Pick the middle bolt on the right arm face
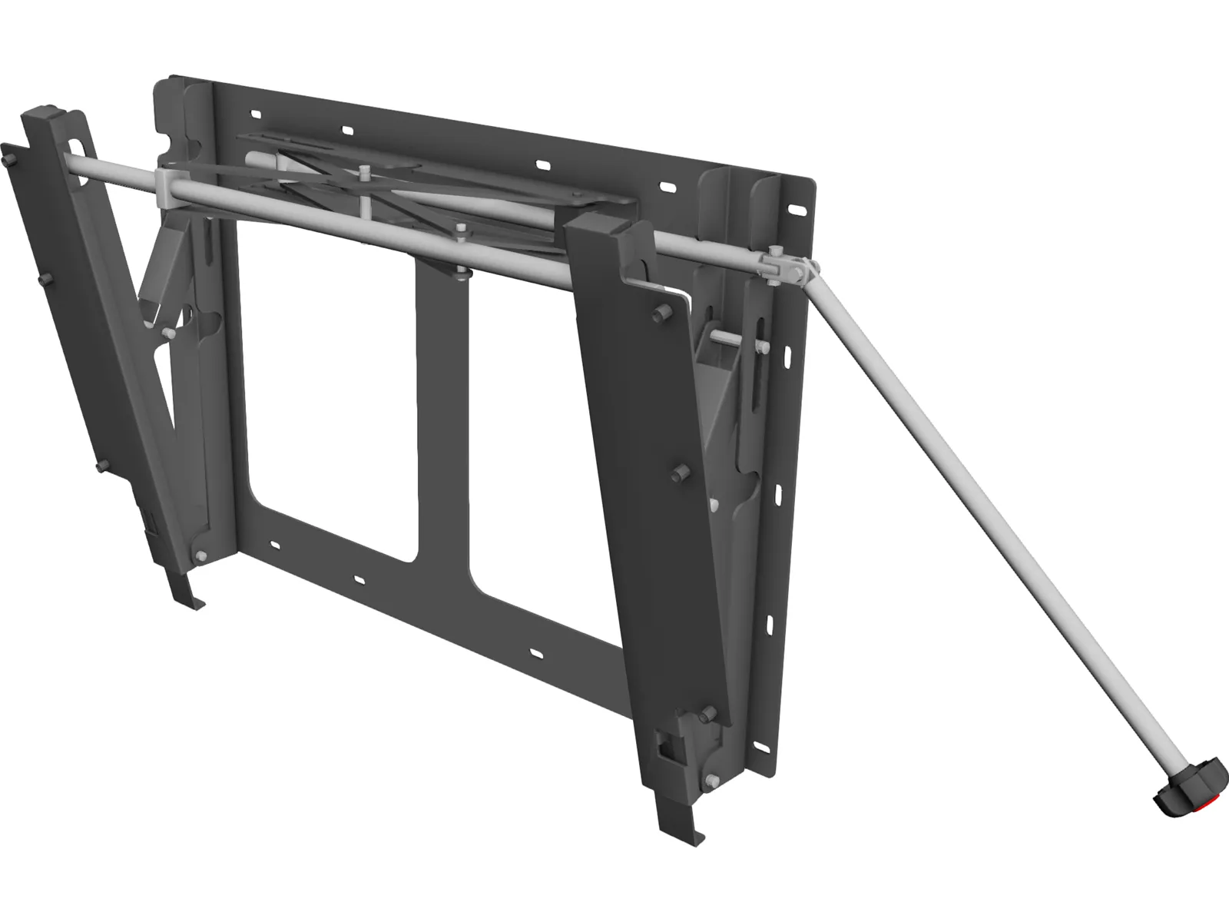tap(677, 474)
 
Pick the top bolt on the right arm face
tap(659, 316)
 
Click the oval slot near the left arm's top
tap(77, 146)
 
